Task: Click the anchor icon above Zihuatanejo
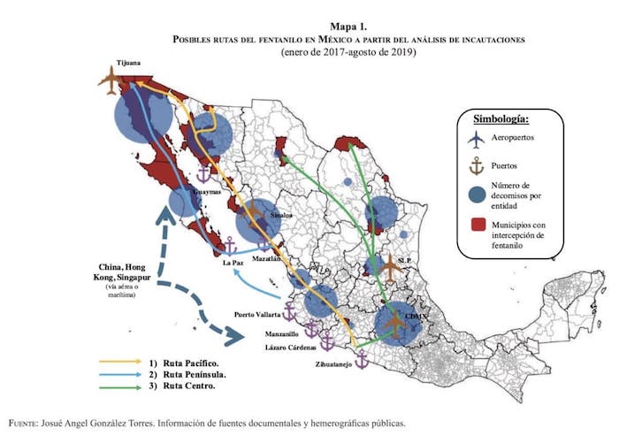pyautogui.click(x=361, y=358)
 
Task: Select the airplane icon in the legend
pyautogui.click(x=478, y=140)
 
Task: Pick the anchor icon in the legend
pyautogui.click(x=478, y=164)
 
